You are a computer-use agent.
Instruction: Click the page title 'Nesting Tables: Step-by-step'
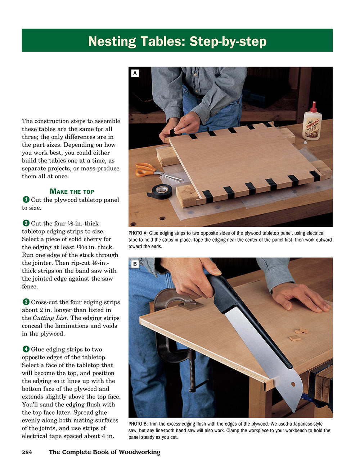177,41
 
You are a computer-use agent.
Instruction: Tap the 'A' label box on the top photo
135,73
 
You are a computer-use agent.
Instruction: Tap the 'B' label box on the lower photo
135,264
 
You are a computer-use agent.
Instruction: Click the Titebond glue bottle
312,123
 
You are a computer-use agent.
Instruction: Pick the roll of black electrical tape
159,191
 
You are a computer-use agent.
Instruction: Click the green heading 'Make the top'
72,191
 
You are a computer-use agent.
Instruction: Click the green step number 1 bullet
26,200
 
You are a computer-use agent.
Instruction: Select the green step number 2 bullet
26,223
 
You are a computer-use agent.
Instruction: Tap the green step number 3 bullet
26,302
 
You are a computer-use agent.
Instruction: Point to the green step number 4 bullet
26,349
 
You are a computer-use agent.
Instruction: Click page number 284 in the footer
27,452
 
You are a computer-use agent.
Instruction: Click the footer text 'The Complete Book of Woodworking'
104,452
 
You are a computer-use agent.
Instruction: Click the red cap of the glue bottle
314,106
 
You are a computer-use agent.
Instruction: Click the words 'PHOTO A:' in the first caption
138,233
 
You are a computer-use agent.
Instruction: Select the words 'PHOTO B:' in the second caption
138,424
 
